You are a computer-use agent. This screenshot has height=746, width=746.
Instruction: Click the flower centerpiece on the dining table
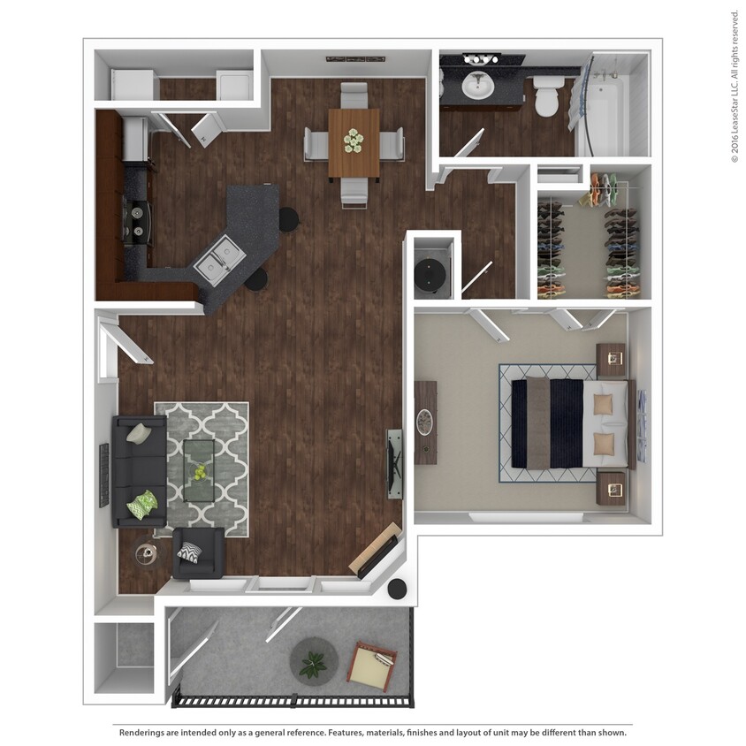354,139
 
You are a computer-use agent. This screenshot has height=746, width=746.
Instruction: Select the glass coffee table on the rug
202,468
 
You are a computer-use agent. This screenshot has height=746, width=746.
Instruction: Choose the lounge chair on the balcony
372,666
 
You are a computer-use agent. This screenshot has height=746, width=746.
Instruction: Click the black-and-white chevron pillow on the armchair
190,552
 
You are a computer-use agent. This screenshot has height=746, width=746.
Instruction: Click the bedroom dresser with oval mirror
426,422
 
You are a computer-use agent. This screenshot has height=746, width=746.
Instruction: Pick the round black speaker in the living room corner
398,588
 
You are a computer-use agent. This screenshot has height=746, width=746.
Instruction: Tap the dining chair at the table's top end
354,95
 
